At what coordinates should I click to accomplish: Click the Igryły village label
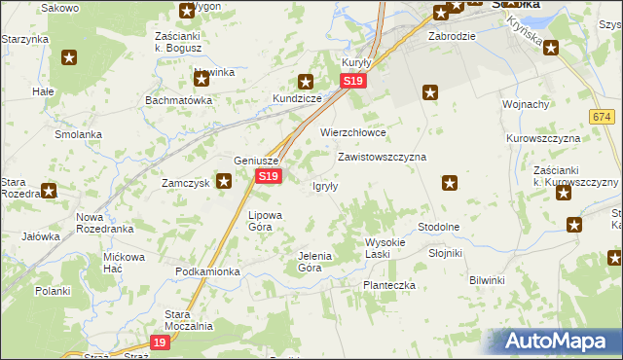tap(324, 187)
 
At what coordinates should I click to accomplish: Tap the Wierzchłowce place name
tap(354, 132)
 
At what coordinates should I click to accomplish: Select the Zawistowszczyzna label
tap(382, 156)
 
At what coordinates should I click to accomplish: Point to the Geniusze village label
tap(257, 162)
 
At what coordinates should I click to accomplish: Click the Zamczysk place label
tap(186, 182)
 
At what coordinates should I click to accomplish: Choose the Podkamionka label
tap(207, 271)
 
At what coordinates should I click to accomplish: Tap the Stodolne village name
tap(438, 227)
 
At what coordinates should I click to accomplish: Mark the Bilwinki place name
tap(487, 280)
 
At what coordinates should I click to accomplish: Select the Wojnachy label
tap(527, 104)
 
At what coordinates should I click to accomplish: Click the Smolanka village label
tap(79, 134)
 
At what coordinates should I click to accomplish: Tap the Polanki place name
tap(53, 291)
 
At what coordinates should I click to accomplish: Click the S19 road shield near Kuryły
tap(354, 83)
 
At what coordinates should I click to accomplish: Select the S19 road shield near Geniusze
tap(269, 176)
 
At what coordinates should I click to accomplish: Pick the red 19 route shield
tap(161, 342)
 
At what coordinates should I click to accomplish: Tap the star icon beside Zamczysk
tap(224, 180)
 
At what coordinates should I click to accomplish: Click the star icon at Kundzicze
tap(306, 83)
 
